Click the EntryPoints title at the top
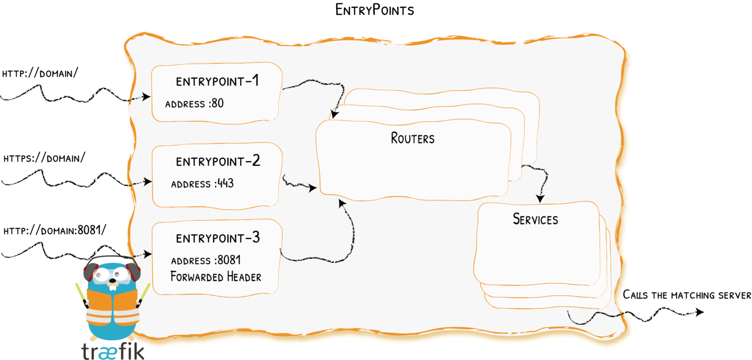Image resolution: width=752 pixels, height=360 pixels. pyautogui.click(x=375, y=10)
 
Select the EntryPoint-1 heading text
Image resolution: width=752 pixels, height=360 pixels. pyautogui.click(x=218, y=81)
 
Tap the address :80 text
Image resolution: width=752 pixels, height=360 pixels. pyautogui.click(x=194, y=104)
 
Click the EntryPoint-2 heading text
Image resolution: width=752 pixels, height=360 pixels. pyautogui.click(x=218, y=161)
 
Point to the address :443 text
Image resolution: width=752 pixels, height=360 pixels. pyautogui.click(x=202, y=184)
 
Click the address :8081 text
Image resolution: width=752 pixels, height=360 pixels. pyautogui.click(x=206, y=260)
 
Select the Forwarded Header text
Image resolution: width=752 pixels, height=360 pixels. pyautogui.click(x=215, y=277)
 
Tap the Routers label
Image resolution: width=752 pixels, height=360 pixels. pyautogui.click(x=413, y=138)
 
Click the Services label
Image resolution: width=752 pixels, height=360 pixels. pyautogui.click(x=535, y=219)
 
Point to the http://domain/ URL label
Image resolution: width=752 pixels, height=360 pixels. pyautogui.click(x=41, y=74)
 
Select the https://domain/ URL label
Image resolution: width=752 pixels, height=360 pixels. pyautogui.click(x=44, y=159)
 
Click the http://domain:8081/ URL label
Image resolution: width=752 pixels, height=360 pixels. pyautogui.click(x=54, y=230)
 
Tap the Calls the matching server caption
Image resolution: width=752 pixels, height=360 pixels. pyautogui.click(x=686, y=295)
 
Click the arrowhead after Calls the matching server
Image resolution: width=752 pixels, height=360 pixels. pyautogui.click(x=700, y=312)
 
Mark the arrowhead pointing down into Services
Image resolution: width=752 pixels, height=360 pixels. pyautogui.click(x=540, y=199)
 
